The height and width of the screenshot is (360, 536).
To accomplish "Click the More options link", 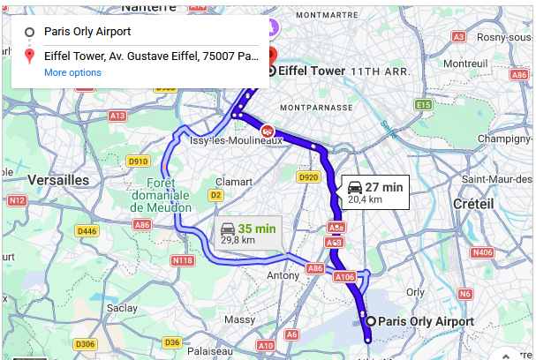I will point(72,72).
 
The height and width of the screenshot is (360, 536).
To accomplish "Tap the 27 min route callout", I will point(375,191).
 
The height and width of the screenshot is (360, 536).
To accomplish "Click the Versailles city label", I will point(59,180).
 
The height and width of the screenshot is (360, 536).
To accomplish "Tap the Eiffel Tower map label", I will point(311,71).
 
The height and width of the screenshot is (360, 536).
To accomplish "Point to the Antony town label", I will point(283,276).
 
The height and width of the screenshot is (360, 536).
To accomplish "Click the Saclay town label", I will point(122,308).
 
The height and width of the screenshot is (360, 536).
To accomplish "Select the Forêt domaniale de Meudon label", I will point(161,195).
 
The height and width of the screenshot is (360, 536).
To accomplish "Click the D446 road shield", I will point(87,231).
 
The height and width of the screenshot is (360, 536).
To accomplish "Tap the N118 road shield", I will point(183,260).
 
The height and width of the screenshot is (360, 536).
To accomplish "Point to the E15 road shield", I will point(424,105).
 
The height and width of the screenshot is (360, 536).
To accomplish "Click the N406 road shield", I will point(483,253).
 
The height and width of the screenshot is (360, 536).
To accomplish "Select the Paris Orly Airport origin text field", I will point(150,32).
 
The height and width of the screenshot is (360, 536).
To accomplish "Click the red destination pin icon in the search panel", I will point(29,56).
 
